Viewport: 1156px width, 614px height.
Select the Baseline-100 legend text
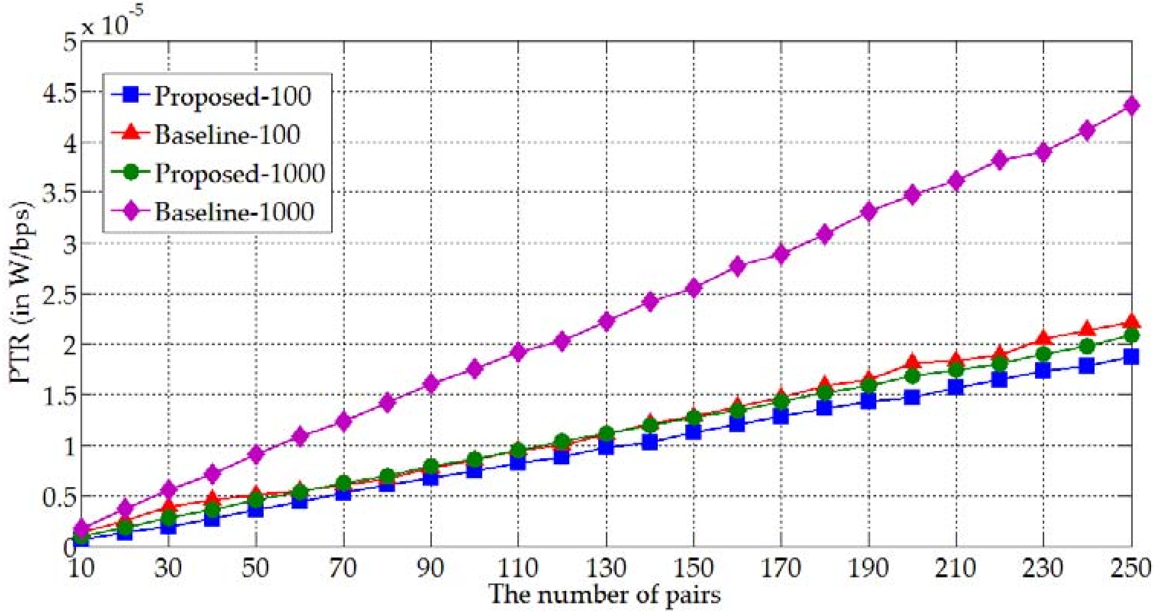(227, 134)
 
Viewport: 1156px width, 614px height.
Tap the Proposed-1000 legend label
(240, 173)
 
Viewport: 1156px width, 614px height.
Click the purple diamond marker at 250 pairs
(1131, 107)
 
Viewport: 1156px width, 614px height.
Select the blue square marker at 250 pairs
(1131, 357)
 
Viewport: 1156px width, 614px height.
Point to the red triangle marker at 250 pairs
(1131, 322)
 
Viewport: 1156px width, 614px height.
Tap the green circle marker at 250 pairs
(1131, 336)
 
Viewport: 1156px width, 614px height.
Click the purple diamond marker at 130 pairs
(606, 321)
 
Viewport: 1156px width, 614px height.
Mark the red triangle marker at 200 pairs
(912, 362)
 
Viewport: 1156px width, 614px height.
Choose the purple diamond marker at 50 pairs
(255, 454)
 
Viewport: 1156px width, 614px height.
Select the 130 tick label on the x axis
(606, 568)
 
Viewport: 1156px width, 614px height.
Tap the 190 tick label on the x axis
(869, 568)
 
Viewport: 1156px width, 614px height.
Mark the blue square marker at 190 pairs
(869, 401)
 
